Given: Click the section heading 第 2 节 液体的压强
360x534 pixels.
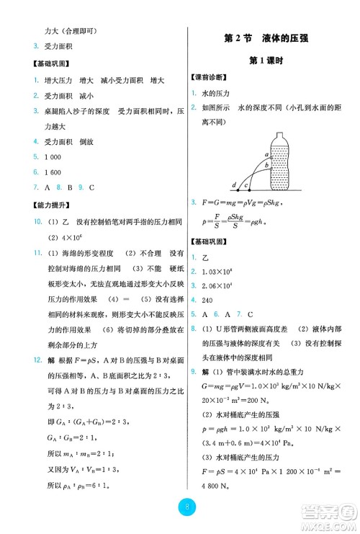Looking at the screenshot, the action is pos(270,37).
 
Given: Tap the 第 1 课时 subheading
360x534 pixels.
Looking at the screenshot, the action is pos(270,60).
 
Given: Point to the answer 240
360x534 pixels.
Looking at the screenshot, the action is pos(210,298).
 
